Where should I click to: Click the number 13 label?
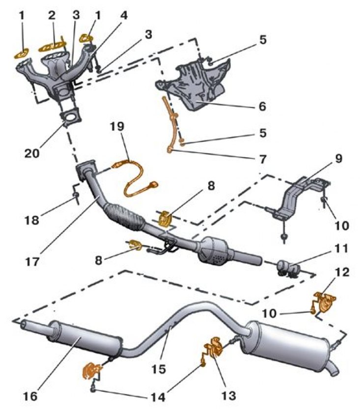229,394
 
